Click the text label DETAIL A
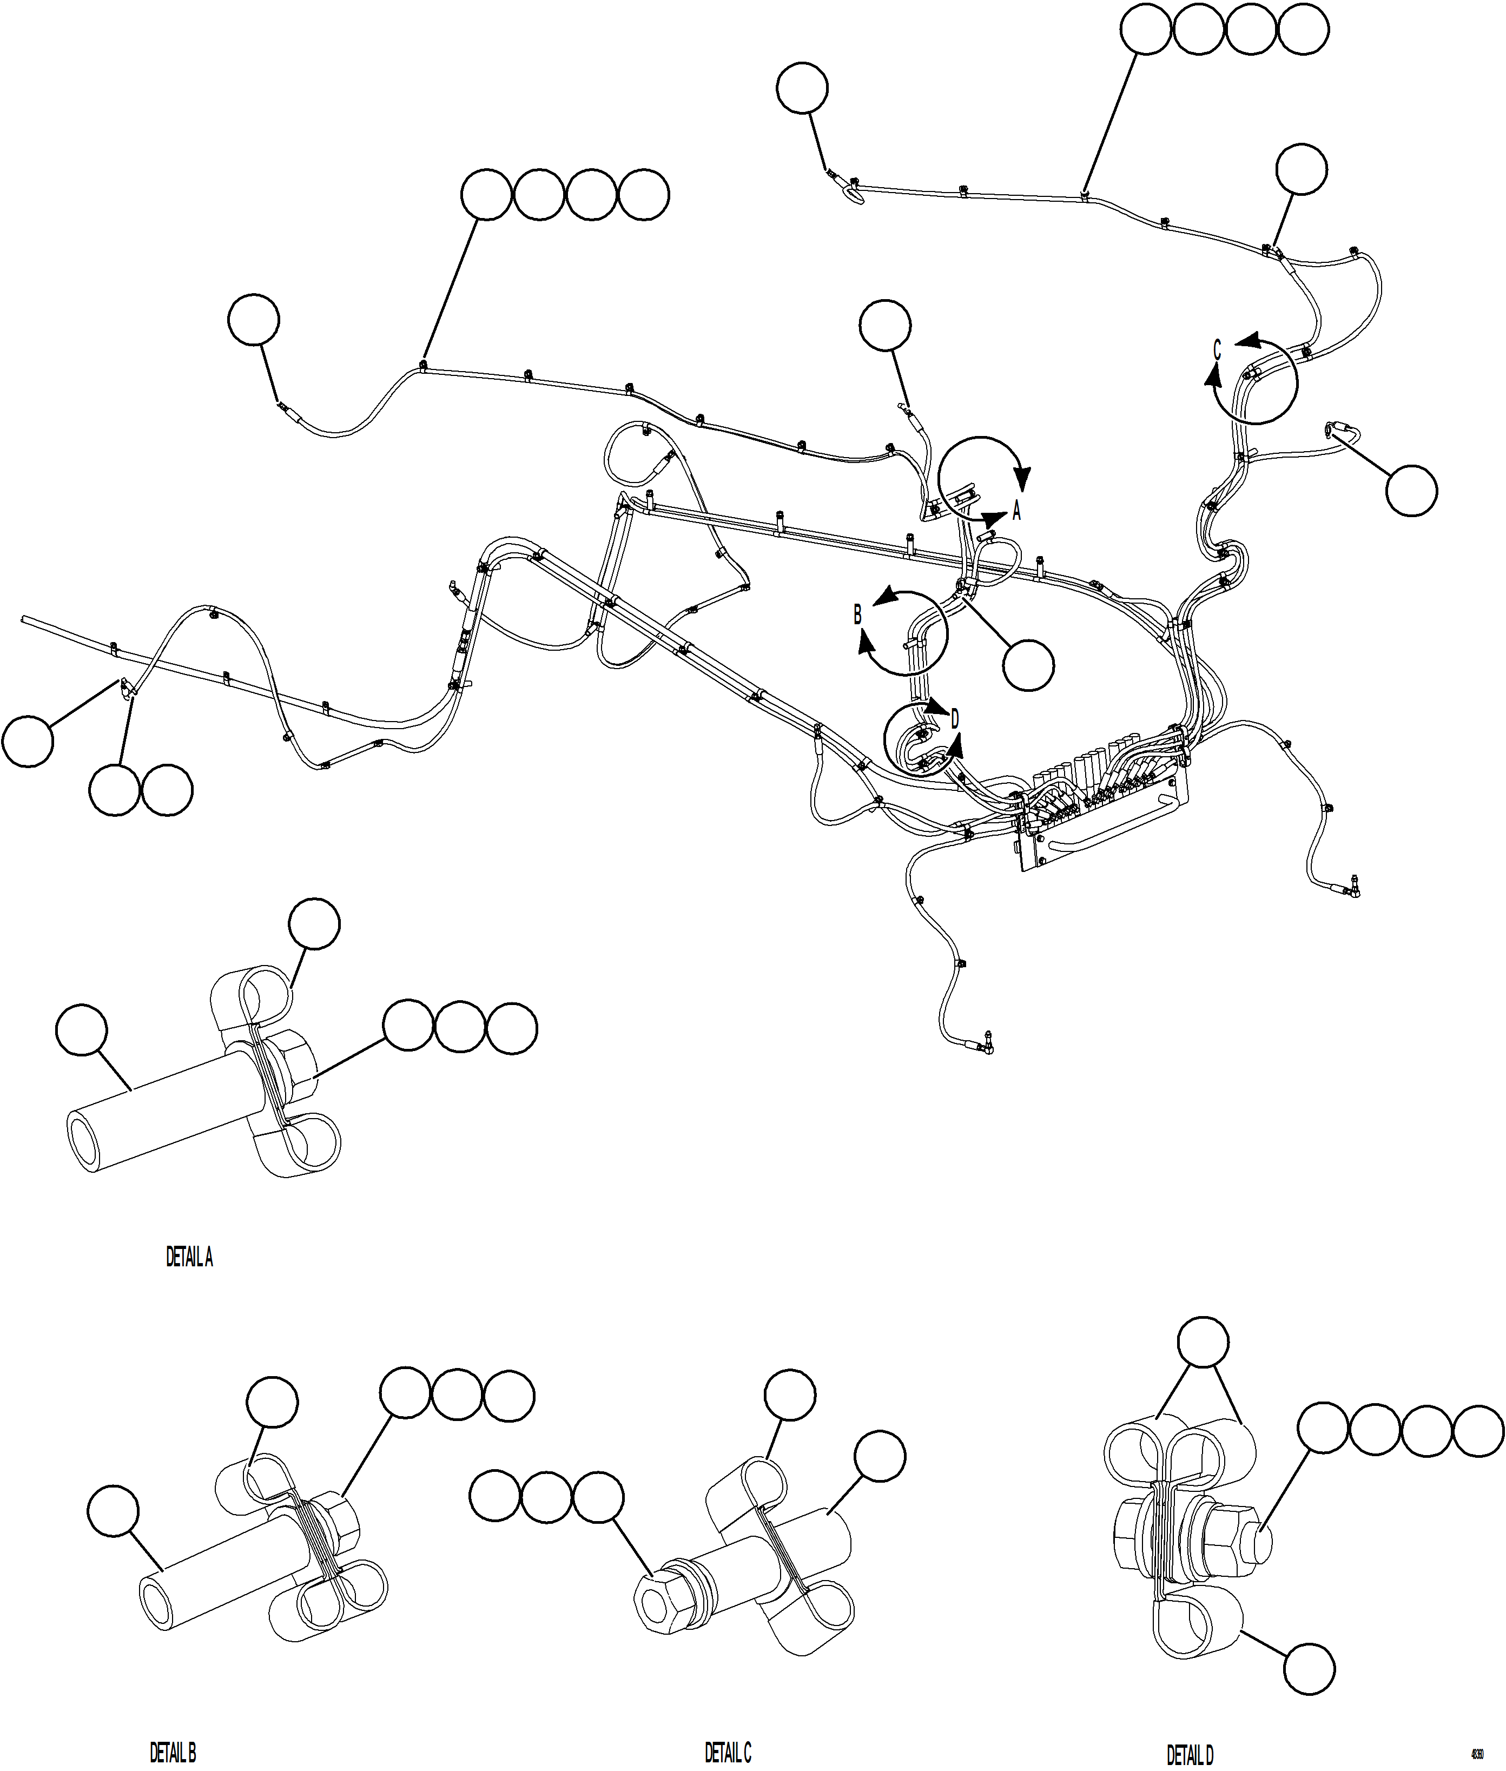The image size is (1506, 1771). (189, 1257)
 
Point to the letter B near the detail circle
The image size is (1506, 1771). (857, 614)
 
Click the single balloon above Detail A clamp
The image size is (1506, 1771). (314, 923)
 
